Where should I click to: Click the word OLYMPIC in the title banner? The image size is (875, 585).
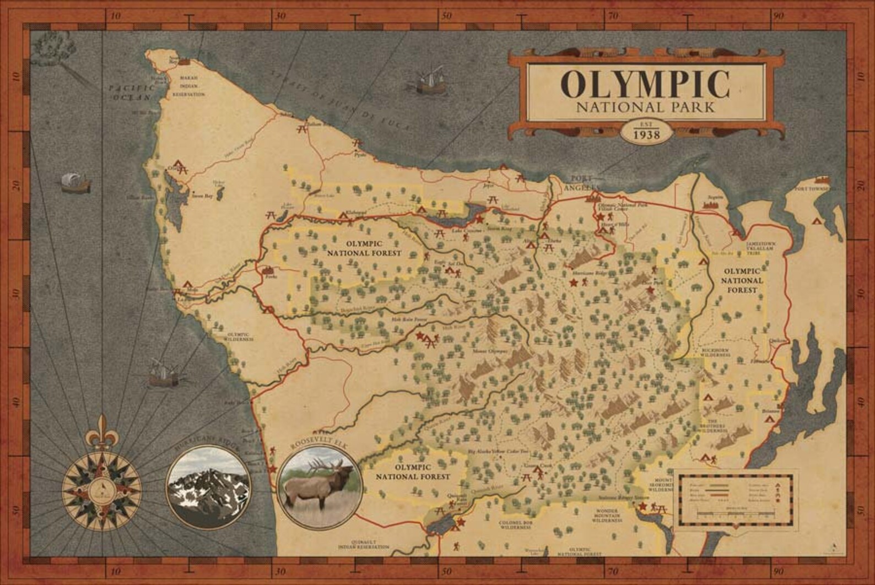pos(645,84)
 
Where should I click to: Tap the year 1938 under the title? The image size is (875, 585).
pos(647,135)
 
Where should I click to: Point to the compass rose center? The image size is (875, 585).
pos(101,486)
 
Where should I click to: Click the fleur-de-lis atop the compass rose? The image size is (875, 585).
pos(101,430)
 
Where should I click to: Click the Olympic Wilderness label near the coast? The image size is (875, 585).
pos(239,337)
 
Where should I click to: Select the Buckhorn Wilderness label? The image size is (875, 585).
pos(716,353)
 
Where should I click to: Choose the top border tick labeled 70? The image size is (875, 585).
pos(612,16)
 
